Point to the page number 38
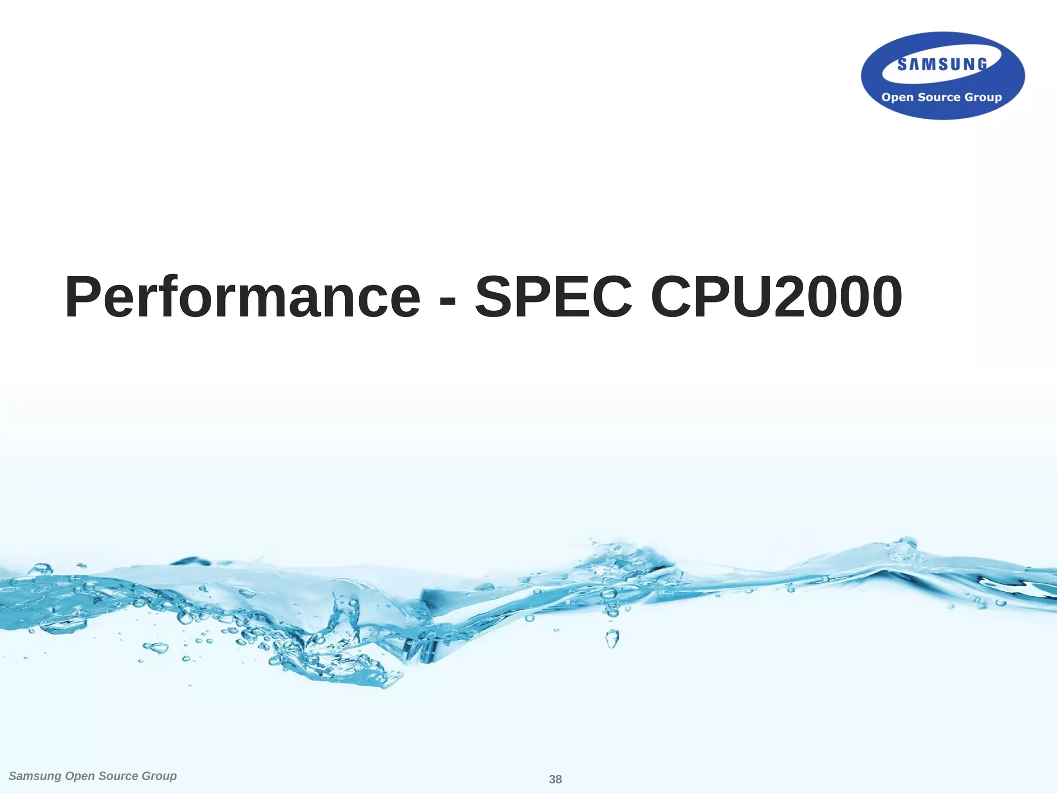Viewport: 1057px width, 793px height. point(555,779)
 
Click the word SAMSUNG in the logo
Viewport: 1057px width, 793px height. point(942,65)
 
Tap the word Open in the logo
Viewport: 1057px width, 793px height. point(898,98)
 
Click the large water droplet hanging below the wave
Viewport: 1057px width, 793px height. point(612,639)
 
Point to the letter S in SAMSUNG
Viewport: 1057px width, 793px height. point(903,65)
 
